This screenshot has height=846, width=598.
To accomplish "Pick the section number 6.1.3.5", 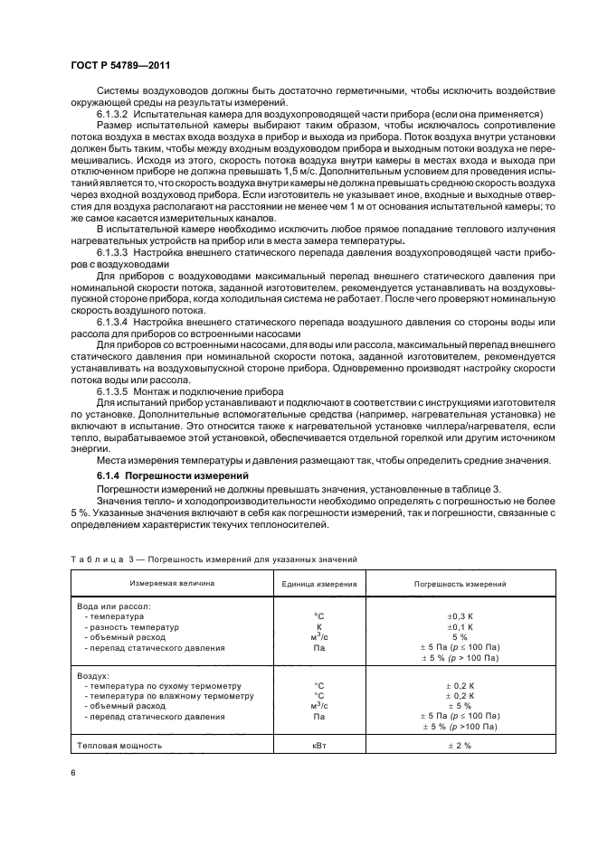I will [114, 390].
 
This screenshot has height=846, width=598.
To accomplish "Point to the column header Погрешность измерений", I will [460, 584].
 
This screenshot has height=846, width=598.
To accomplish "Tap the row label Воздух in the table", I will [93, 674].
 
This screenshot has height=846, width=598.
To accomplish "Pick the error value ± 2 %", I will [460, 746].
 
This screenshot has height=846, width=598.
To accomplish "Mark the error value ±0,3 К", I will [460, 616].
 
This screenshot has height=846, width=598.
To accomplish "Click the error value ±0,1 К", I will [460, 627].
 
